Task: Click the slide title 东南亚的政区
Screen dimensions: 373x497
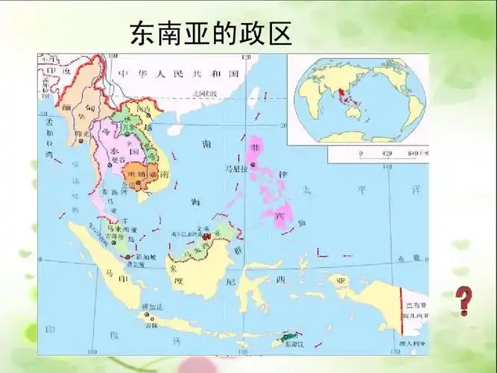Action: (x=210, y=33)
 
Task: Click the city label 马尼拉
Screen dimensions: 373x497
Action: (x=235, y=170)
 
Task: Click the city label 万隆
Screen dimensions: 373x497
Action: (x=151, y=325)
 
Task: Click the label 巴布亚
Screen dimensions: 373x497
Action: (x=414, y=307)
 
